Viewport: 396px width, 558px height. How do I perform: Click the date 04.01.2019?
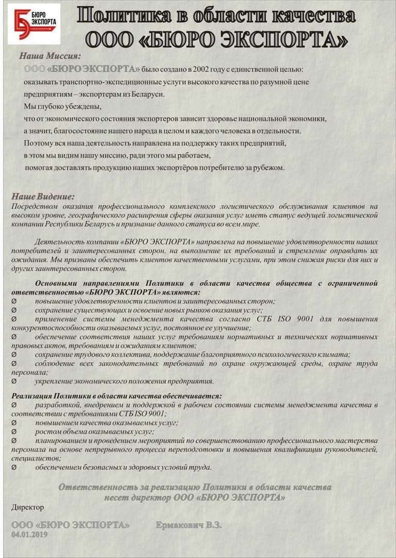click(x=29, y=535)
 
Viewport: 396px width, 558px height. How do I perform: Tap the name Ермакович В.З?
click(x=188, y=525)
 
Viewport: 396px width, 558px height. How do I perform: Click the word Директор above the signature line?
click(x=28, y=507)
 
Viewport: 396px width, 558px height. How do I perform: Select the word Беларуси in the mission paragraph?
click(x=147, y=94)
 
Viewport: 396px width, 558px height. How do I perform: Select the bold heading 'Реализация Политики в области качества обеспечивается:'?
click(x=117, y=396)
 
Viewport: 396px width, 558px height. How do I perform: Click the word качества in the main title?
click(x=314, y=15)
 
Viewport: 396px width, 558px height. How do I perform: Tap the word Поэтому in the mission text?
click(x=38, y=143)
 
